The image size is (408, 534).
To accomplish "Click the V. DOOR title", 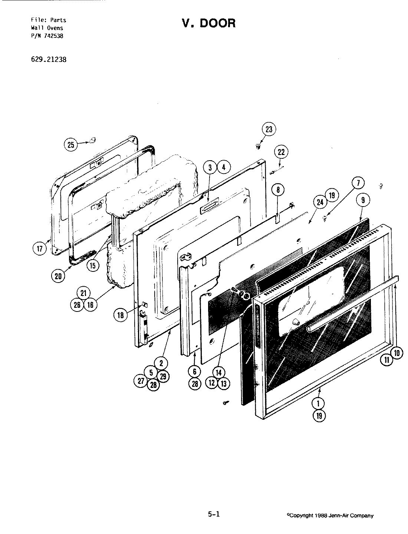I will [208, 23].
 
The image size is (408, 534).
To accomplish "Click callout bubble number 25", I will [71, 144].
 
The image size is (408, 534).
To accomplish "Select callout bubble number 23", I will [269, 129].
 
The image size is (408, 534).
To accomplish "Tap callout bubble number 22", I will [281, 152].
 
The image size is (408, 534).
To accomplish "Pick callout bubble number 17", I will [40, 247].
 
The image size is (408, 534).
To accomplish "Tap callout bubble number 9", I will [363, 200].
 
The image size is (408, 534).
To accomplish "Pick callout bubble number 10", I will [397, 353].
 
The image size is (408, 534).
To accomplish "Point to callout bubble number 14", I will [218, 373].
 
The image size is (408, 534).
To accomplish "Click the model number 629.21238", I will [46, 59].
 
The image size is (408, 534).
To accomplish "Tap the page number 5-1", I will [214, 514].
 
